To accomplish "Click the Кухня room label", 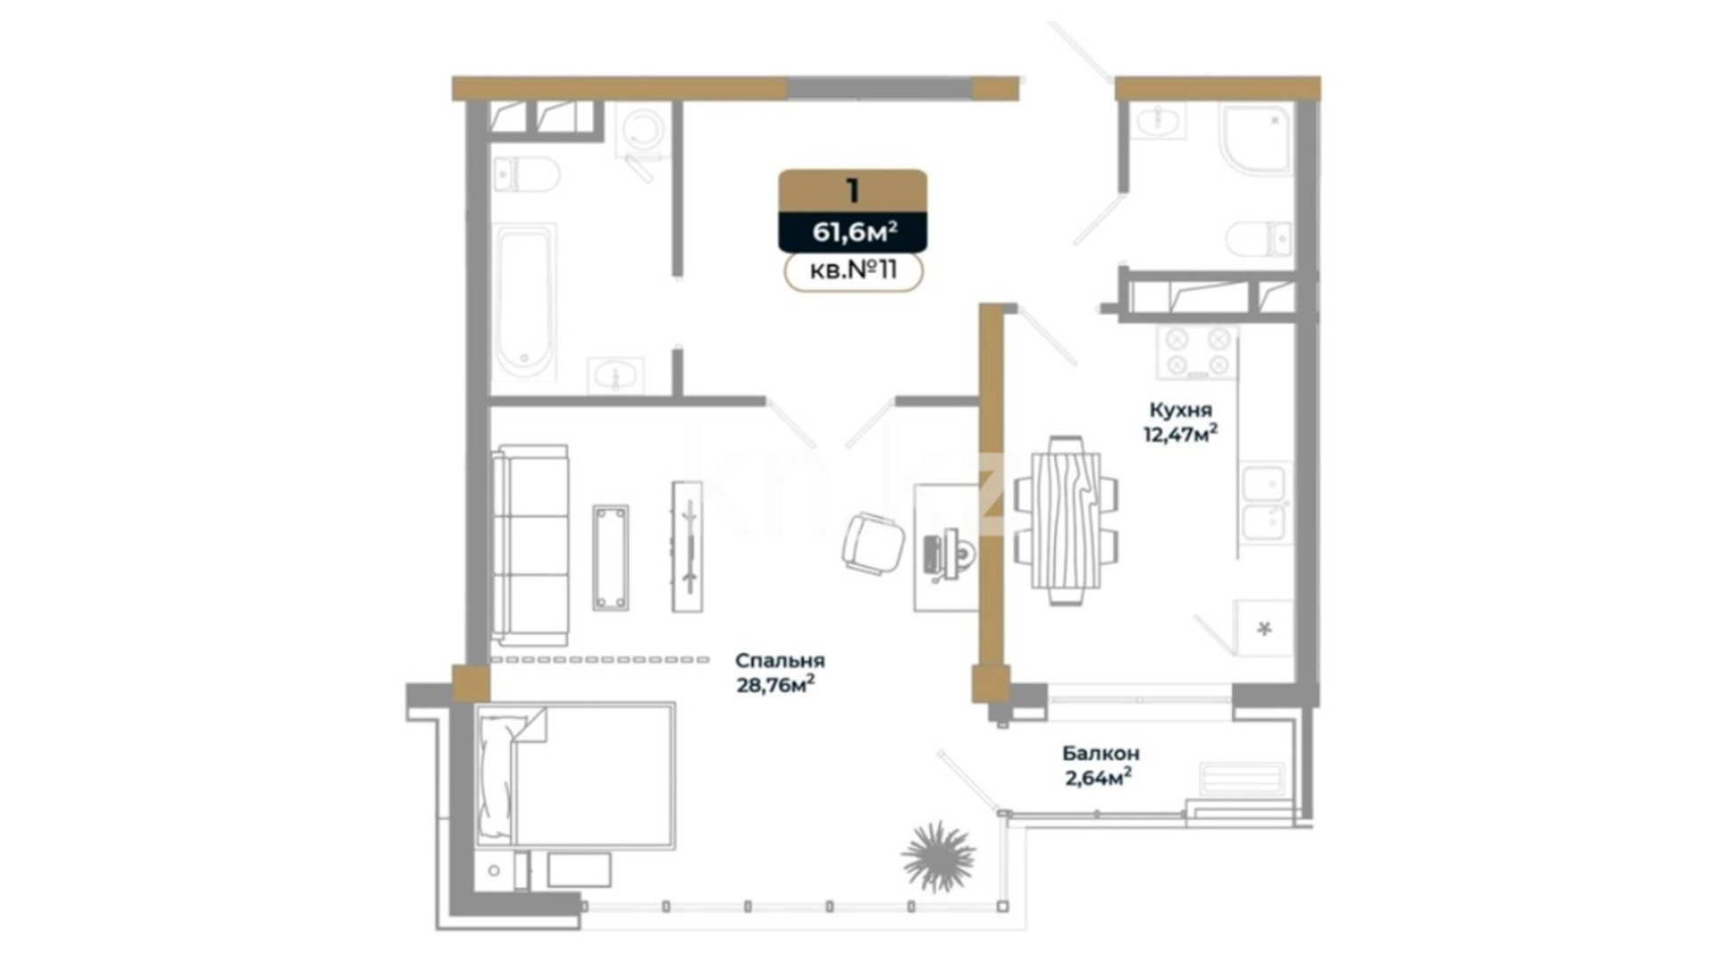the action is click(1180, 410).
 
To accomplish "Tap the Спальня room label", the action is click(780, 661).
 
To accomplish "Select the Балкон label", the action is click(1100, 754).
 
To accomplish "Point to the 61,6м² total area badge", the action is click(854, 232).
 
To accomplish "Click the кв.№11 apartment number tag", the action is click(854, 271).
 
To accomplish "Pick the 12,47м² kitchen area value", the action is click(1180, 434).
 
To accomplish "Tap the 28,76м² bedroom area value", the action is click(775, 685).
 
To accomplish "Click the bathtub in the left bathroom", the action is click(525, 303).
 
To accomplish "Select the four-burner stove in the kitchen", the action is click(1197, 351).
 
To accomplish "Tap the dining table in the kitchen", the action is click(1065, 521).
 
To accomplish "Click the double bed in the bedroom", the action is click(575, 774).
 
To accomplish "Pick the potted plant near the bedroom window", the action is click(938, 856).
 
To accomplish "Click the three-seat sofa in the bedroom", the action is click(531, 545).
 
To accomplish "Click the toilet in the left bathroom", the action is click(526, 174).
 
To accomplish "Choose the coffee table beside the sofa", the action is click(611, 558).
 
